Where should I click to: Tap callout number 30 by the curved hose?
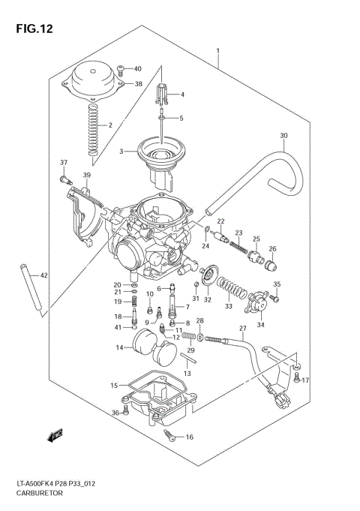click(x=283, y=136)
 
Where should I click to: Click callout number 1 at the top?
click(x=217, y=53)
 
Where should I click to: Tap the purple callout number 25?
click(x=255, y=239)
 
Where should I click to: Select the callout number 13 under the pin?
click(x=188, y=373)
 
